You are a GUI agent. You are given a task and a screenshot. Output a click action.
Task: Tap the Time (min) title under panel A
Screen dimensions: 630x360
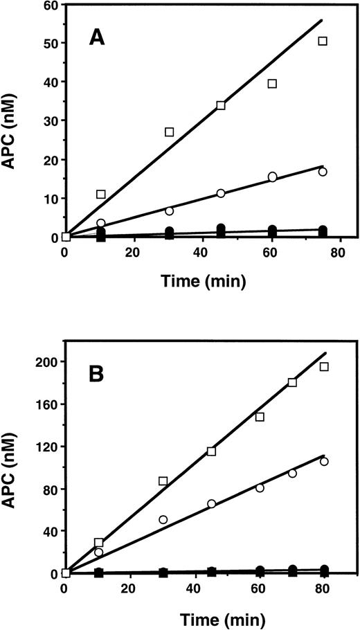tap(201, 282)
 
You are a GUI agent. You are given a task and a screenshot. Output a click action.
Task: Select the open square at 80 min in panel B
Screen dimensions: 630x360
tap(324, 367)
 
